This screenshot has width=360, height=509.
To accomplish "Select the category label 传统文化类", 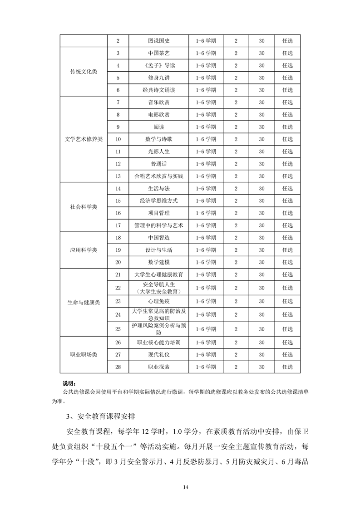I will (x=84, y=72).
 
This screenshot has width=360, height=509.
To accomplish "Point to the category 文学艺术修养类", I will (x=84, y=139).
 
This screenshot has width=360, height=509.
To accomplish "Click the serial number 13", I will (x=118, y=176).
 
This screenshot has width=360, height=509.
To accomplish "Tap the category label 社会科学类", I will (x=84, y=207).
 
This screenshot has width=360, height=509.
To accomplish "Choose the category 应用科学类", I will (x=84, y=250).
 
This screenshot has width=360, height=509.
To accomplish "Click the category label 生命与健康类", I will (x=84, y=302).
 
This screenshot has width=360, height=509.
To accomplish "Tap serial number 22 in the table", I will (x=118, y=288).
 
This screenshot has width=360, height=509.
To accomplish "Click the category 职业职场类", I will (x=84, y=354).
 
